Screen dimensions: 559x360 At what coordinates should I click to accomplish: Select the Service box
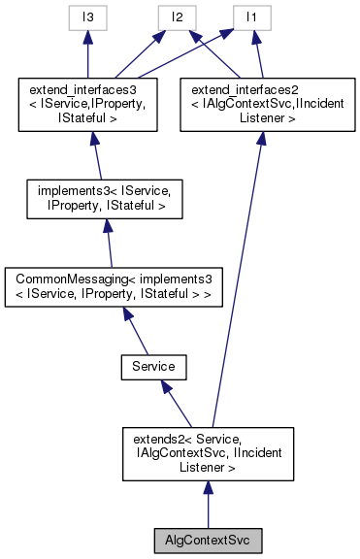pyautogui.click(x=152, y=368)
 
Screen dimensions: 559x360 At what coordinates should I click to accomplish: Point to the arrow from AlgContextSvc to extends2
pyautogui.click(x=207, y=505)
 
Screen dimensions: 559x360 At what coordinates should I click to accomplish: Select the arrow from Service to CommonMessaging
pyautogui.click(x=134, y=335)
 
